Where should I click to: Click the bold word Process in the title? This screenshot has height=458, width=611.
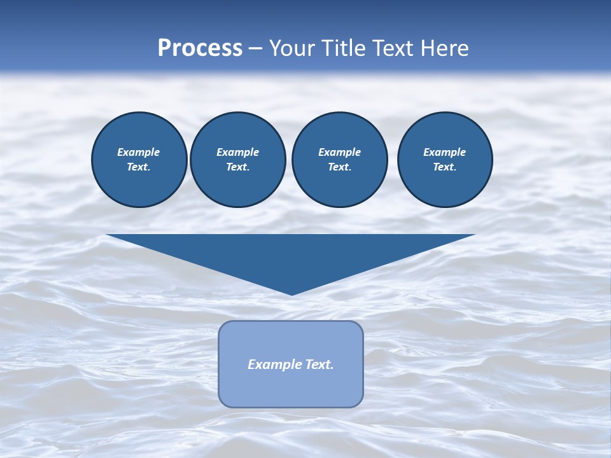pyautogui.click(x=200, y=48)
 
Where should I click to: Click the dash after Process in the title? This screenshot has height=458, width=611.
pyautogui.click(x=255, y=49)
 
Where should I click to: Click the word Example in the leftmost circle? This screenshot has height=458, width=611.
pyautogui.click(x=139, y=152)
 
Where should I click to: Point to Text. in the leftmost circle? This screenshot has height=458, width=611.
pyautogui.click(x=139, y=167)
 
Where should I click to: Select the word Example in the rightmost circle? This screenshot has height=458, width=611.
pyautogui.click(x=444, y=152)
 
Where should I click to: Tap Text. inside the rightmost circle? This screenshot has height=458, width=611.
pyautogui.click(x=444, y=167)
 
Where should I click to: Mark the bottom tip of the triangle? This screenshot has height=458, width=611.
pyautogui.click(x=291, y=293)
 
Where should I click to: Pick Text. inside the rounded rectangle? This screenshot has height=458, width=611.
pyautogui.click(x=318, y=364)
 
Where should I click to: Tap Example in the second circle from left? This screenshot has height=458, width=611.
pyautogui.click(x=237, y=152)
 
